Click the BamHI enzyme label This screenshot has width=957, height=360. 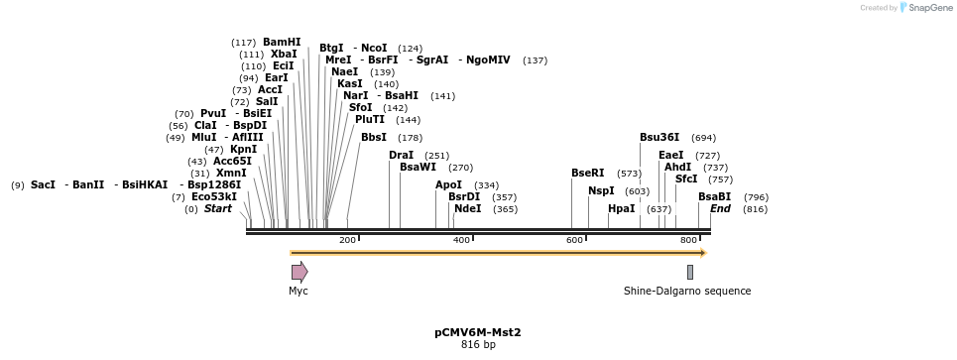tap(282, 42)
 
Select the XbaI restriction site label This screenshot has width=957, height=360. tap(284, 54)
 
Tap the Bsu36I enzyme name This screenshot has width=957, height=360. tap(659, 137)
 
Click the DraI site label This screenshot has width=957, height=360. tap(401, 155)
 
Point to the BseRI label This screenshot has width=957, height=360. tap(587, 173)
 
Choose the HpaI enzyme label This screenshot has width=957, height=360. tap(621, 208)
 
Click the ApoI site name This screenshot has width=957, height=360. tap(448, 184)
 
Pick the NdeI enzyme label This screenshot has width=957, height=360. tap(467, 208)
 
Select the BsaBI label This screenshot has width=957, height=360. tap(714, 196)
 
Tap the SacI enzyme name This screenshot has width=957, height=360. tap(43, 184)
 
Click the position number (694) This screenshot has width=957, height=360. tap(703, 137)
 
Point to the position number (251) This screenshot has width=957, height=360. tap(436, 155)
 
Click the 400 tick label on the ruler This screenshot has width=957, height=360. tap(460, 240)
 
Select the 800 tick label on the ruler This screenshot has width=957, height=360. tap(687, 240)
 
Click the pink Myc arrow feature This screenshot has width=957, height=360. tap(299, 272)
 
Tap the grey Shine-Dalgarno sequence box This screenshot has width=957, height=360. tap(689, 272)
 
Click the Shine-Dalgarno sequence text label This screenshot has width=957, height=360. tap(686, 291)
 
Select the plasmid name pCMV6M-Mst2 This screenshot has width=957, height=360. tap(477, 332)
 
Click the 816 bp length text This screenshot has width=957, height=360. tap(477, 345)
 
